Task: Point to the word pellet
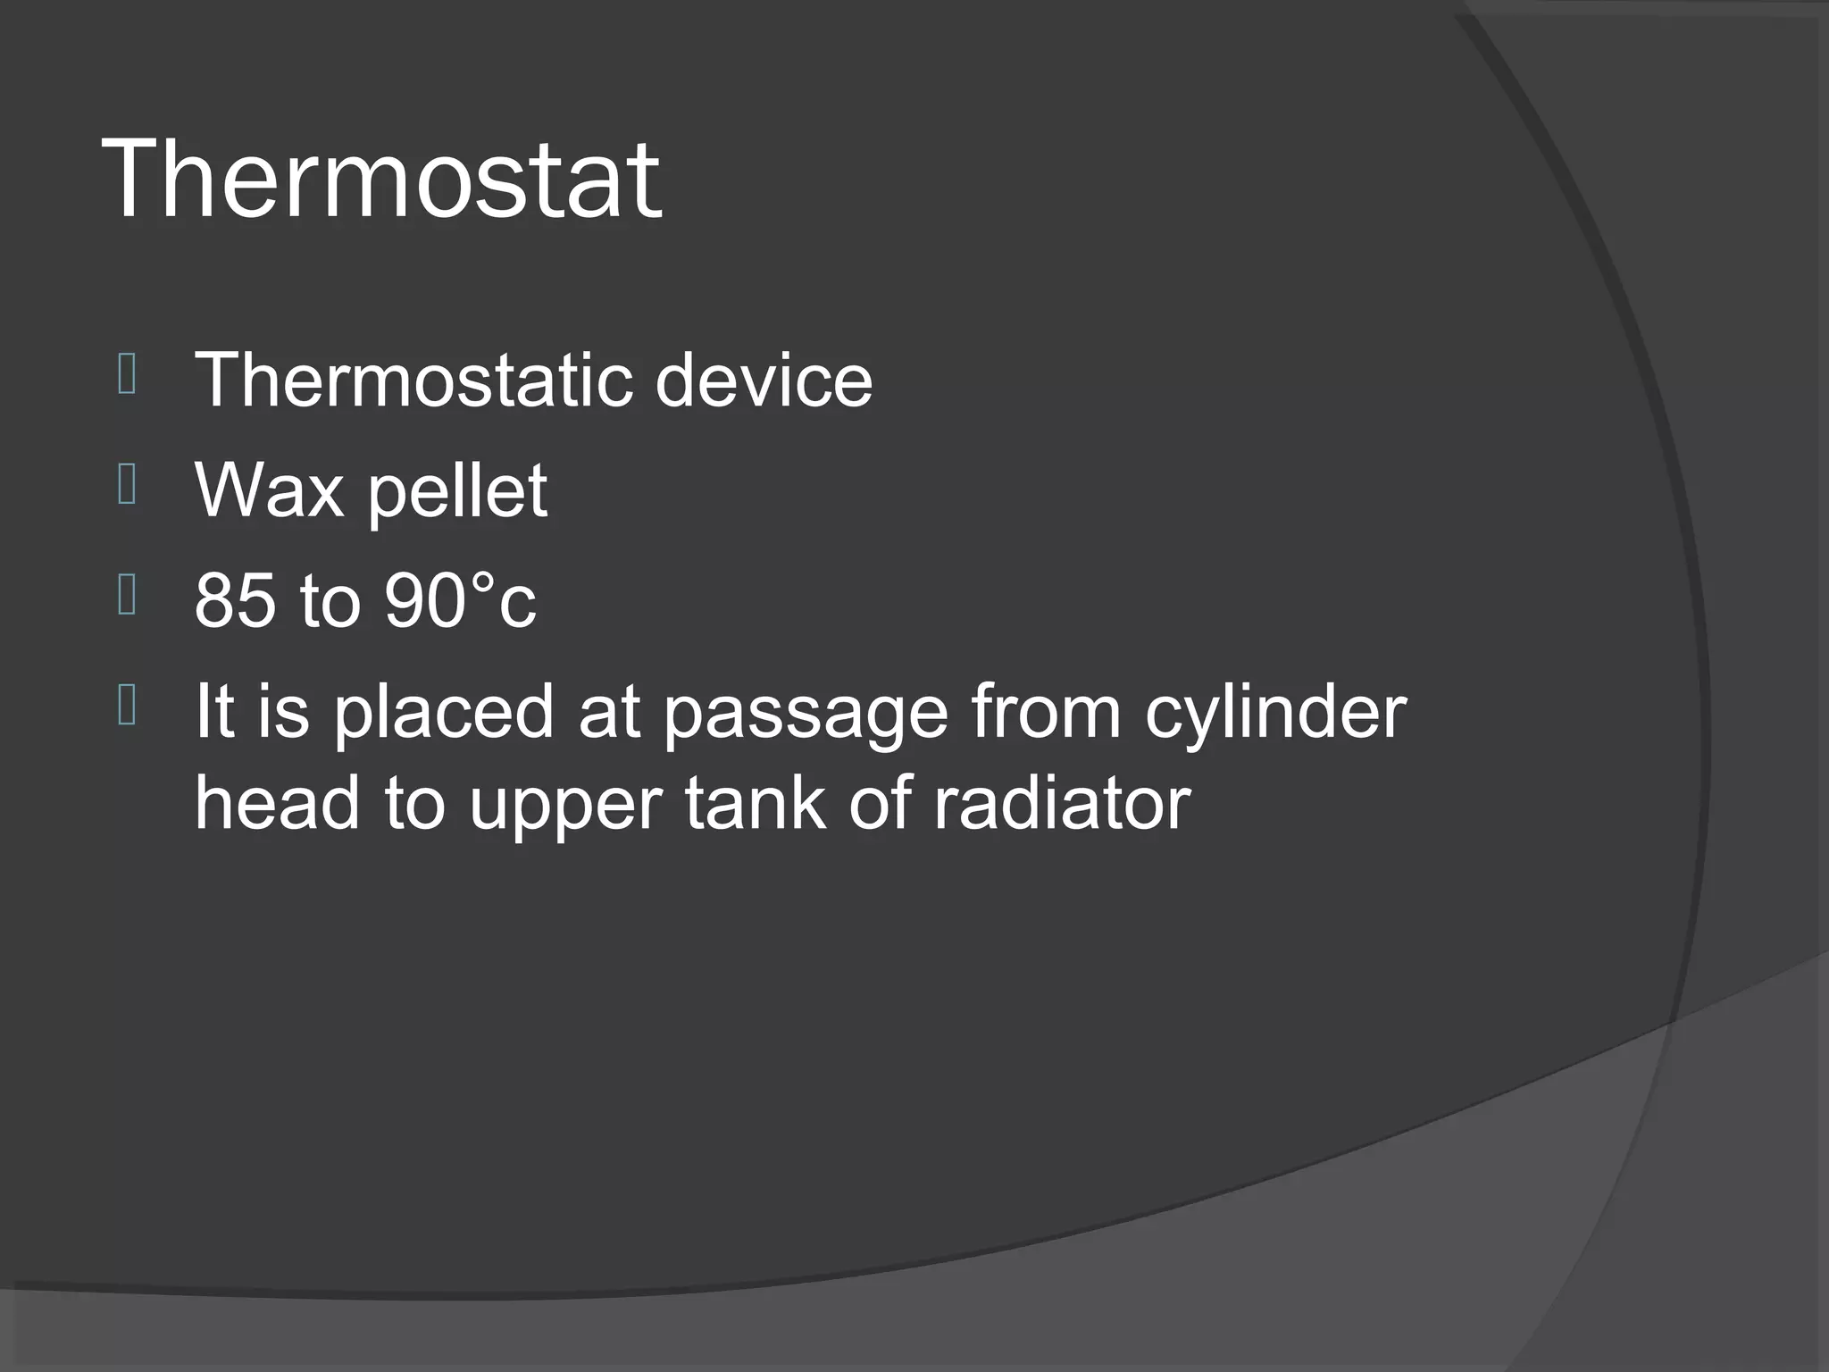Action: (457, 491)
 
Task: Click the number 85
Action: (235, 599)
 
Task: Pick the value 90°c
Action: (460, 599)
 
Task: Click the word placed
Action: (444, 712)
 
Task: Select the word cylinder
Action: (1276, 712)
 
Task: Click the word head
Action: (277, 802)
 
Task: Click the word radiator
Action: (1062, 802)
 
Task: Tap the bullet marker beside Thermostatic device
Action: (127, 374)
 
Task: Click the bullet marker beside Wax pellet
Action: (127, 485)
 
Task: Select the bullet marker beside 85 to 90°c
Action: (127, 596)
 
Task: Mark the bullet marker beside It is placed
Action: (127, 706)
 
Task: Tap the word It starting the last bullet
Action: (214, 712)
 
